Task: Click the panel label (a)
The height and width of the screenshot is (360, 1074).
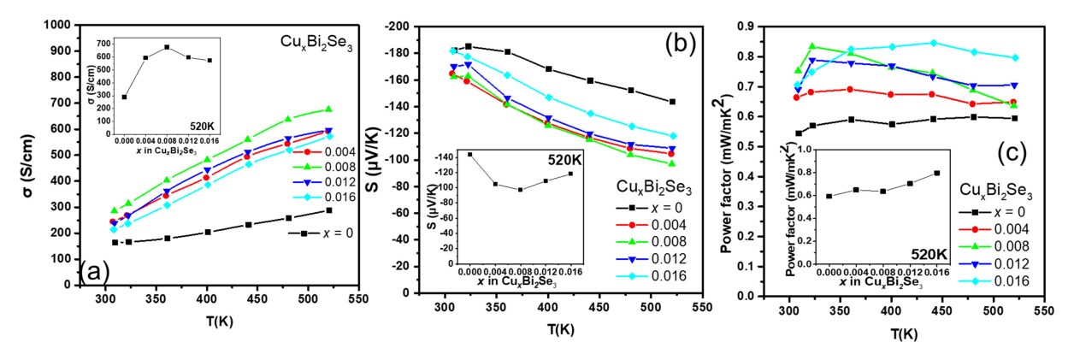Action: coord(93,271)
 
